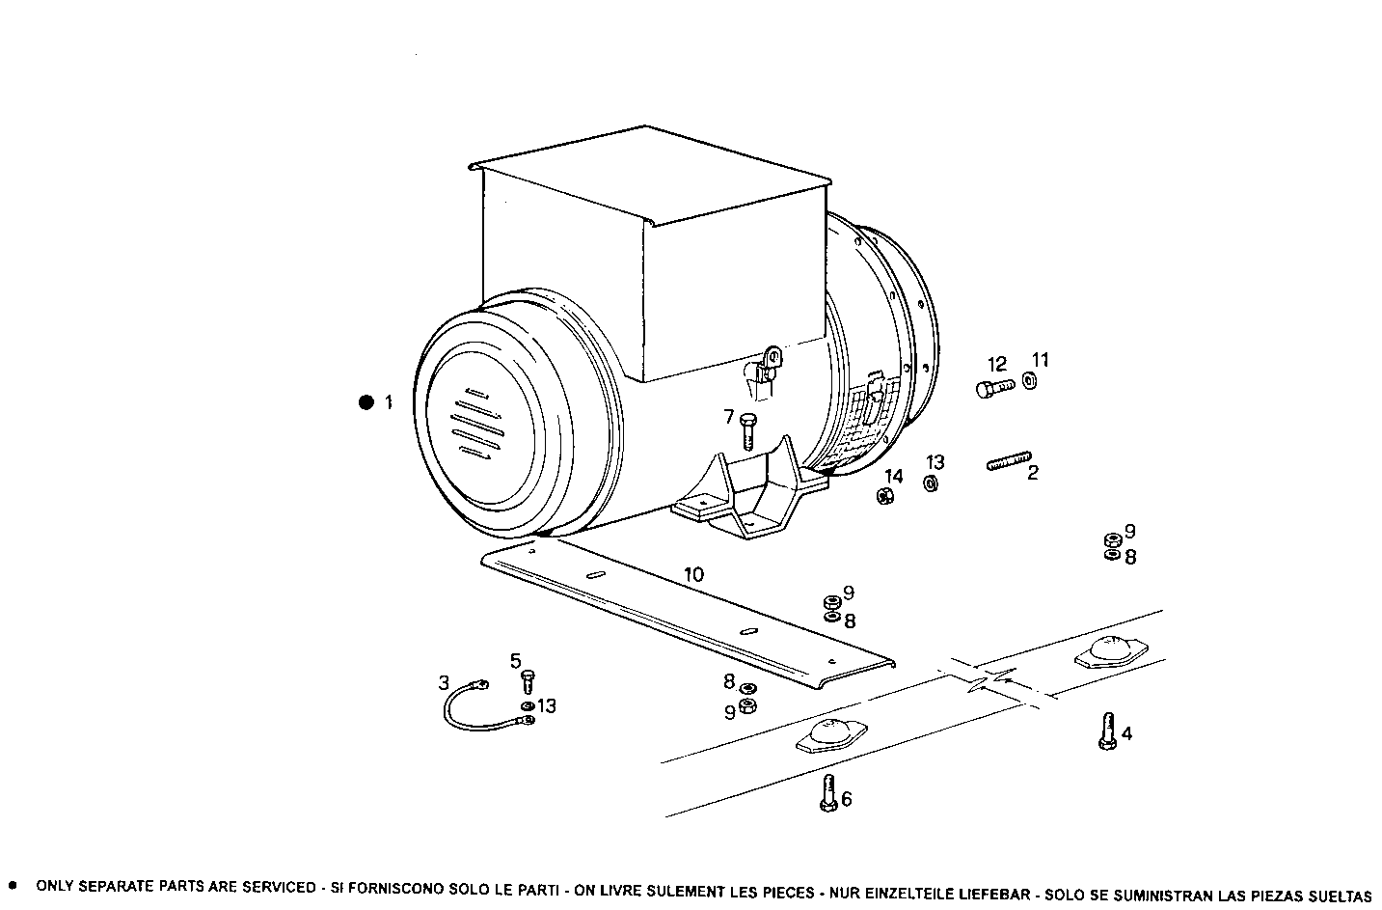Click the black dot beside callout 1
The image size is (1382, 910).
tap(366, 402)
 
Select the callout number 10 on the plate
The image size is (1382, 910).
tap(693, 575)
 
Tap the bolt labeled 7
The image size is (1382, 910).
tap(748, 430)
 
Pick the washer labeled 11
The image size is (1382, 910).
tap(1029, 381)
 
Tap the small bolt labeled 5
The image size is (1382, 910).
tap(528, 682)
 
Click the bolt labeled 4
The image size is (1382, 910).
tap(1106, 731)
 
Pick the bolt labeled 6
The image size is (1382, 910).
tap(827, 793)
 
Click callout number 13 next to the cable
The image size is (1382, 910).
tap(547, 706)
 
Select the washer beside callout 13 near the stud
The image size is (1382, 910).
tap(931, 483)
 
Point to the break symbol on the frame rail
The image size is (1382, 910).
tap(990, 679)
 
